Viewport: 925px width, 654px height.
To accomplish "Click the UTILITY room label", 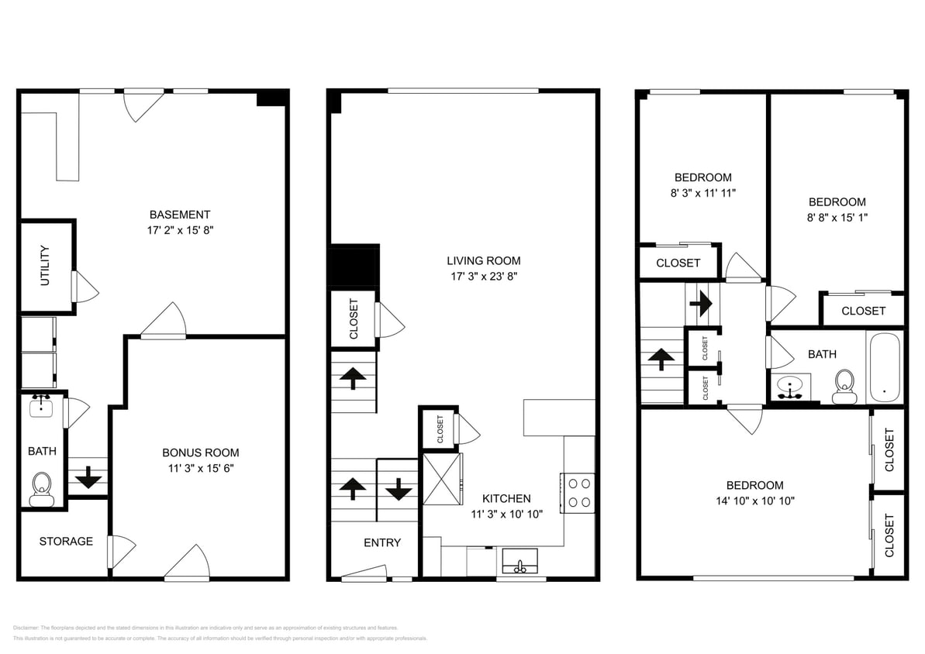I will (x=45, y=266).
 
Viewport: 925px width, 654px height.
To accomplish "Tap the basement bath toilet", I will (x=41, y=490).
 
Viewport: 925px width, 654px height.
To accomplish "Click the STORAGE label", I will (x=66, y=541).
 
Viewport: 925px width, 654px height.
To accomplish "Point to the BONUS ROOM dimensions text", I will (x=200, y=468).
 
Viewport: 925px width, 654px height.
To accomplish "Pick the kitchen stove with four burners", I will (x=578, y=492).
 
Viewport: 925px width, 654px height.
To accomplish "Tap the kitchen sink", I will (x=519, y=560).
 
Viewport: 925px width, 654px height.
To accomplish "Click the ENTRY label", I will (x=382, y=542).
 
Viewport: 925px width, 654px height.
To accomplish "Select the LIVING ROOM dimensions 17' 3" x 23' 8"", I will (x=483, y=276).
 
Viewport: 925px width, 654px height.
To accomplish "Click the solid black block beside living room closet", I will (x=354, y=267).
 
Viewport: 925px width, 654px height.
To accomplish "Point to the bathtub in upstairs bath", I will (x=884, y=367).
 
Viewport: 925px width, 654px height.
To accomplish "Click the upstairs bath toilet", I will (x=844, y=385).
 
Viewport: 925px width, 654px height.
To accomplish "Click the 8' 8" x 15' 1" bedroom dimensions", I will (x=836, y=218).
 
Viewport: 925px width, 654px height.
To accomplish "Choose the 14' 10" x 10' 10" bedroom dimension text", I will (x=754, y=501).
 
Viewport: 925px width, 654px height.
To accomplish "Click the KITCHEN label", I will (x=506, y=498).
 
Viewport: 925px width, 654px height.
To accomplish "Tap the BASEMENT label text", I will (x=180, y=215).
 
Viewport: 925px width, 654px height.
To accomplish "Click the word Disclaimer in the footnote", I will (x=29, y=628).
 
